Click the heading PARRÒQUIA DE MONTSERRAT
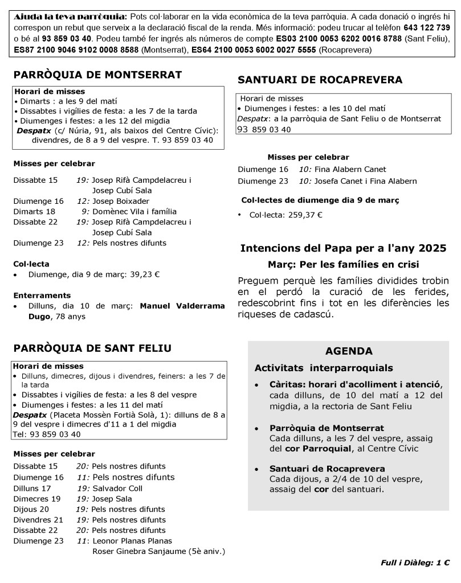[x=97, y=75]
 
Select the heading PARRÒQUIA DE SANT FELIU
[x=92, y=348]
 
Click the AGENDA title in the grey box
[x=349, y=351]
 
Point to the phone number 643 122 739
[x=427, y=27]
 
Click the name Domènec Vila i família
[x=134, y=211]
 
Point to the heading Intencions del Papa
[x=344, y=248]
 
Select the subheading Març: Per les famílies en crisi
[x=343, y=265]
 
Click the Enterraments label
[x=42, y=295]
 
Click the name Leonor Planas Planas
[x=132, y=541]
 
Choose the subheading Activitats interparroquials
[x=324, y=368]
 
